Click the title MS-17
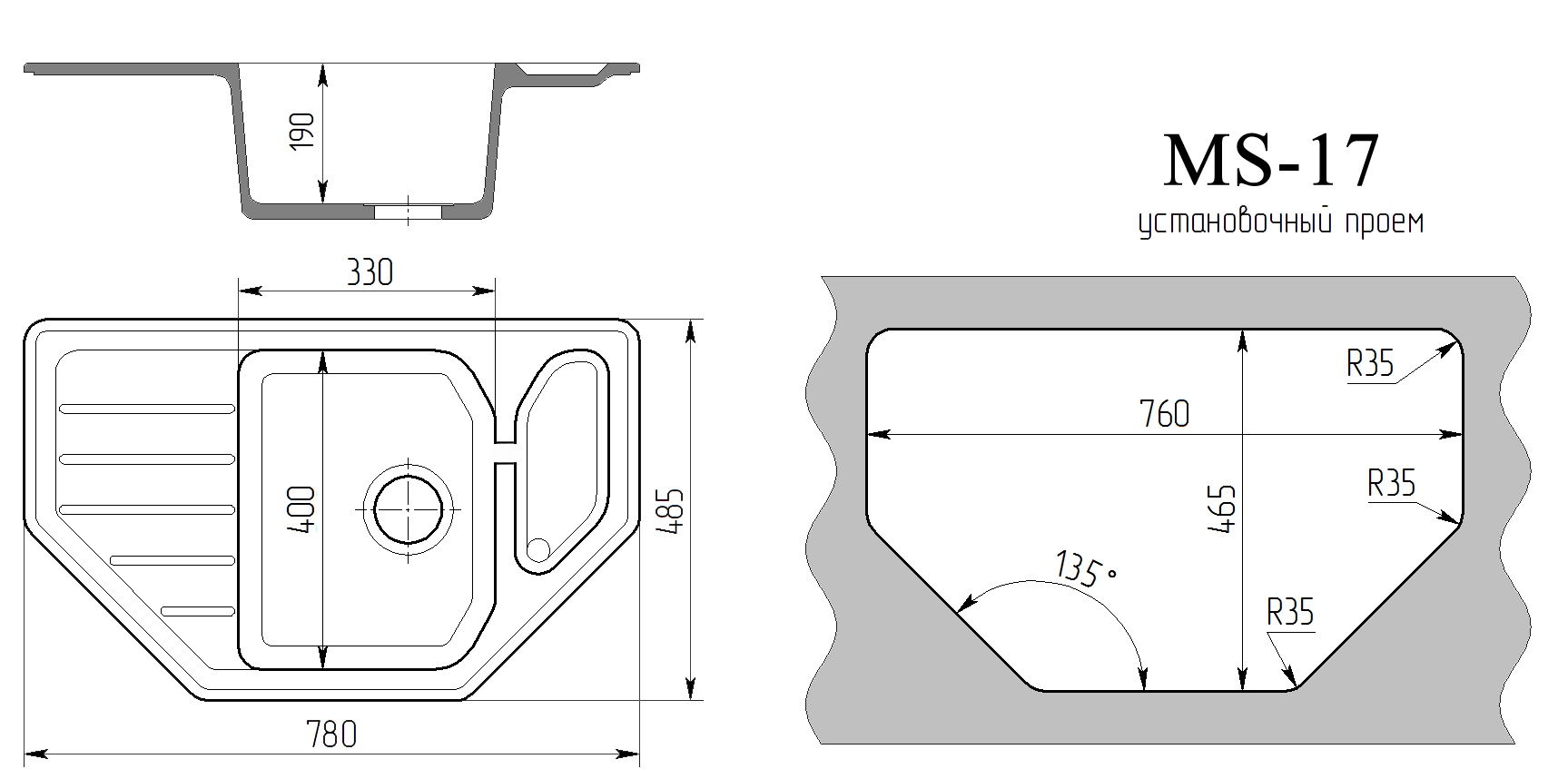1270,162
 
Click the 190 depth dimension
302,132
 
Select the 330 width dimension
370,272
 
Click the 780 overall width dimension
331,735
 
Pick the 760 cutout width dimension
1164,414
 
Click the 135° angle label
1084,569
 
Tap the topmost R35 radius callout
1369,364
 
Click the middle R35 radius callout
1391,483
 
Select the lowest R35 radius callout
1289,613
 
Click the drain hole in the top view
409,509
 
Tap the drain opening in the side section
409,212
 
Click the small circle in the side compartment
538,548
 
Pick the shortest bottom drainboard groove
198,610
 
